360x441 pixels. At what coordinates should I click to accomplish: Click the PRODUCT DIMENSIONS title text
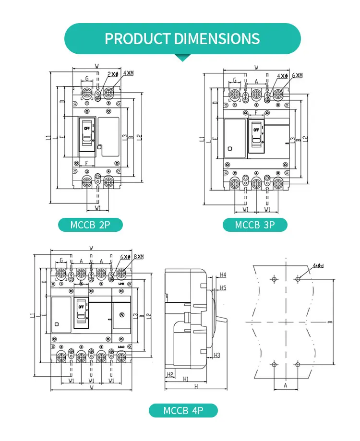click(x=182, y=38)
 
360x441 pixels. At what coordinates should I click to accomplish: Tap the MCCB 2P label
click(x=90, y=225)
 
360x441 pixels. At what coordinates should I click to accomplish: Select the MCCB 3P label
click(x=255, y=225)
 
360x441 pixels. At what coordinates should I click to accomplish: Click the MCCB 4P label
click(x=183, y=411)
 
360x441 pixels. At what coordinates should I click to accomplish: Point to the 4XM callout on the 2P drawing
click(x=129, y=73)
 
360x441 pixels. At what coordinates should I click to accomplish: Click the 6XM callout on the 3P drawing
click(x=297, y=75)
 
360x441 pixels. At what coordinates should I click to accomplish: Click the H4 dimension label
click(x=223, y=275)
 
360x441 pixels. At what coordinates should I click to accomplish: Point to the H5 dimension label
click(x=223, y=287)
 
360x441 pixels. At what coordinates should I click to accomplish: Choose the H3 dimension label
click(x=217, y=355)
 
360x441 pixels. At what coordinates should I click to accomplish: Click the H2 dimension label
click(x=169, y=374)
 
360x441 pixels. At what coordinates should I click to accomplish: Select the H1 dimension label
click(x=185, y=379)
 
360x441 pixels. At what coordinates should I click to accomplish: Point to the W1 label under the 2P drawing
click(x=98, y=208)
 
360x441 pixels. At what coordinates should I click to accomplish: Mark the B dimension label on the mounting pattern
click(x=330, y=322)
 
